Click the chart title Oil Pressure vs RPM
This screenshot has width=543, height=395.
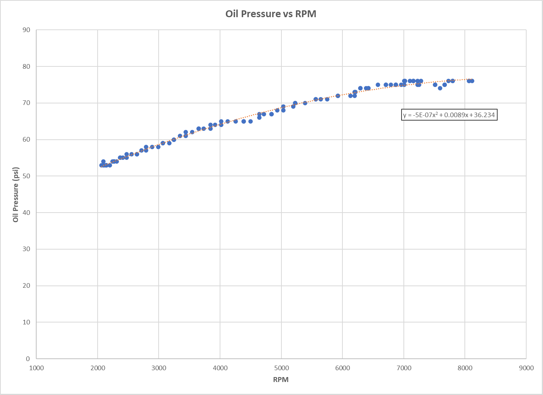(x=271, y=14)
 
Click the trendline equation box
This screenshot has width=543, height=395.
(x=449, y=115)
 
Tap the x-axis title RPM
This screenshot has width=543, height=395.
(x=281, y=379)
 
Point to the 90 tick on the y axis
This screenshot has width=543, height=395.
(x=26, y=30)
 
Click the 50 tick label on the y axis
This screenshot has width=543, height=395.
(x=26, y=176)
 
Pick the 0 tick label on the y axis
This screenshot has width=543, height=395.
(x=28, y=359)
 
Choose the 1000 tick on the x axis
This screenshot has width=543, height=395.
(x=36, y=368)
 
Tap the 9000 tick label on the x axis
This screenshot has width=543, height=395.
(x=526, y=368)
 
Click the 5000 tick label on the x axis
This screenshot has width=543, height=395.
(x=281, y=368)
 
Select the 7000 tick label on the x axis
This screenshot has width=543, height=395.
(x=404, y=368)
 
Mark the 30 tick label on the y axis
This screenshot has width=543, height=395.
(x=26, y=249)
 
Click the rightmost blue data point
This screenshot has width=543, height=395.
(x=472, y=81)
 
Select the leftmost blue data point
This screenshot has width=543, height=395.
(x=101, y=165)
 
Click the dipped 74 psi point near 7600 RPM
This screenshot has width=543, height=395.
(x=440, y=88)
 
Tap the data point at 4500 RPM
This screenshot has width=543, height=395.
(x=251, y=121)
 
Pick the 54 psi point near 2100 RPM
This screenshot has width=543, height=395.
(x=103, y=161)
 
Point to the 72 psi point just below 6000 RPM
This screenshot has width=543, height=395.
(x=338, y=96)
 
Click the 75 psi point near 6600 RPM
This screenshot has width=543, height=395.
(x=378, y=85)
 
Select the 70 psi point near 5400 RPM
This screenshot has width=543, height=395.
(x=305, y=103)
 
